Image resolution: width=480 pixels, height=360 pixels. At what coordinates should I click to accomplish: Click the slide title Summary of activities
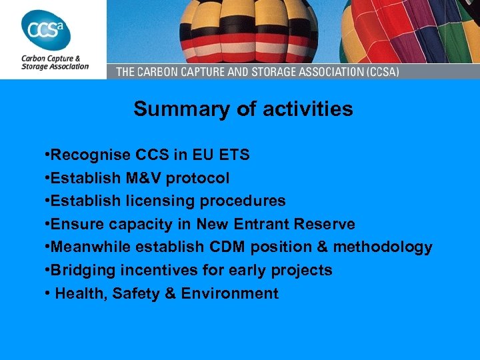coord(243,109)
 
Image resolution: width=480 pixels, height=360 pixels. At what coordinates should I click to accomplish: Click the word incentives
coord(154,270)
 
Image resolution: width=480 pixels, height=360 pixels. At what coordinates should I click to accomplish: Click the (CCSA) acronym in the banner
coord(378,71)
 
